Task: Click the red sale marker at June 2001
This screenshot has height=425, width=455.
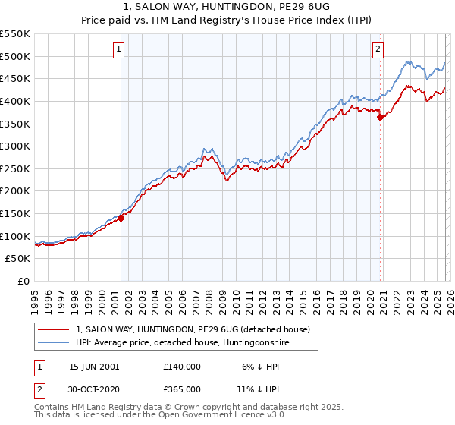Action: coord(121,218)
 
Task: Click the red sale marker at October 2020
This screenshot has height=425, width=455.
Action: coord(380,116)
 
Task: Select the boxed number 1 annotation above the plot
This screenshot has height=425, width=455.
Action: coord(120,50)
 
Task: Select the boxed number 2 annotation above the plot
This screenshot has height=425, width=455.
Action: coord(378,50)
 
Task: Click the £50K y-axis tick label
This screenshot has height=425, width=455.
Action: coord(18,259)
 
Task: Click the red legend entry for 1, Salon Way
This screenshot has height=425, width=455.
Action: coord(193,330)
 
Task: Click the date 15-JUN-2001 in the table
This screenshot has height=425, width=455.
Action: coord(94,366)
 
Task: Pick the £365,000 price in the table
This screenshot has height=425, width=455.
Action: coord(182,389)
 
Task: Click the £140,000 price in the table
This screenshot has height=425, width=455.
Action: coord(182,366)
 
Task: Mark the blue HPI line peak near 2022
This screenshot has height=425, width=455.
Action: coord(407,61)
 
